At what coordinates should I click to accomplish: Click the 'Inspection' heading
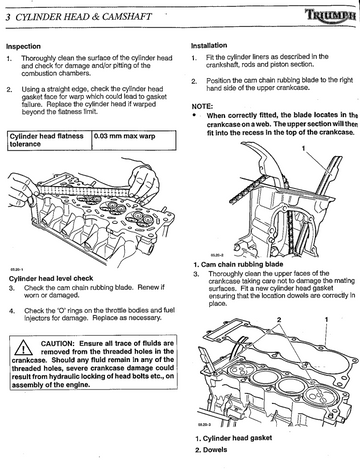tap(23, 46)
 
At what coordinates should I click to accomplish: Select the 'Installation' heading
tap(209, 45)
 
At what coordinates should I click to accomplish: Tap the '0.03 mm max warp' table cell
tap(134, 140)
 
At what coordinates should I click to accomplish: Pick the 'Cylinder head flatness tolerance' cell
tap(49, 140)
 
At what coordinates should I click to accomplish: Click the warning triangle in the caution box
tap(23, 347)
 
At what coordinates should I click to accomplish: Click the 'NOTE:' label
tap(202, 107)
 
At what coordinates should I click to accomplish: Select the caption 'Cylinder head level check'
tap(51, 278)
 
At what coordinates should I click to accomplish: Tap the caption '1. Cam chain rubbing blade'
tap(238, 264)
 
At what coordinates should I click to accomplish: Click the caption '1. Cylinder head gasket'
tap(234, 438)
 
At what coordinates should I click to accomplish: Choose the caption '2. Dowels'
tap(211, 450)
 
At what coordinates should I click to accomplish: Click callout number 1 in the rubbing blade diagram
tap(303, 148)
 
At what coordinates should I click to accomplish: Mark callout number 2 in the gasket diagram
tap(279, 319)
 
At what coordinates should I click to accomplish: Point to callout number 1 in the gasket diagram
tap(327, 319)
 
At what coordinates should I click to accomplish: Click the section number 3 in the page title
tap(8, 17)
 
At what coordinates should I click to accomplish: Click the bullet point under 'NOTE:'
tap(194, 115)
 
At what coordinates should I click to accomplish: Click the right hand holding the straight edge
tap(143, 183)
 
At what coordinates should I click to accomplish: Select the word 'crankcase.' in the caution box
tap(30, 360)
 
